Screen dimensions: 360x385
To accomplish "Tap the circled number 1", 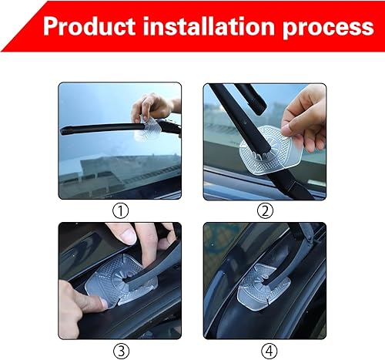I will [120, 210].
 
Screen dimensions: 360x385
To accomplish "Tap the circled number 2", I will [265, 210].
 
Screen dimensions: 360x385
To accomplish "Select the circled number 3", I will [120, 349].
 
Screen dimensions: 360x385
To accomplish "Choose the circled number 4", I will [265, 349].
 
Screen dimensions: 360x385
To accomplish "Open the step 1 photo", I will [120, 141].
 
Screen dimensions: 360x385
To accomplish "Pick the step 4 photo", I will [265, 281].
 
